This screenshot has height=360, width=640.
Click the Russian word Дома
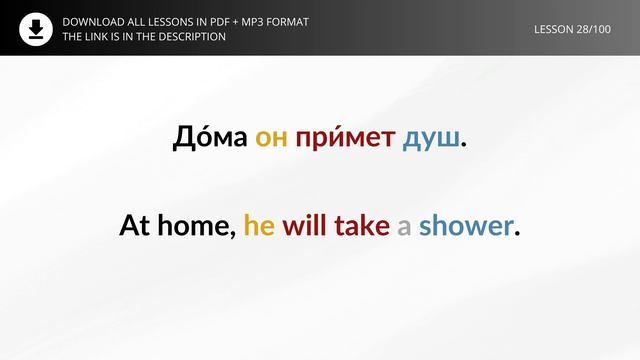pos(209,138)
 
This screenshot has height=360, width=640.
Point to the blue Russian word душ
pos(432,139)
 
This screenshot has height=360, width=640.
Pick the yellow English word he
pos(259,226)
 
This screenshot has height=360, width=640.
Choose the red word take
pos(361,226)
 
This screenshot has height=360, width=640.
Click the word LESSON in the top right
pos(557,28)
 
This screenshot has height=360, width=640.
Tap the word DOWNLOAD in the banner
pos(94,21)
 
